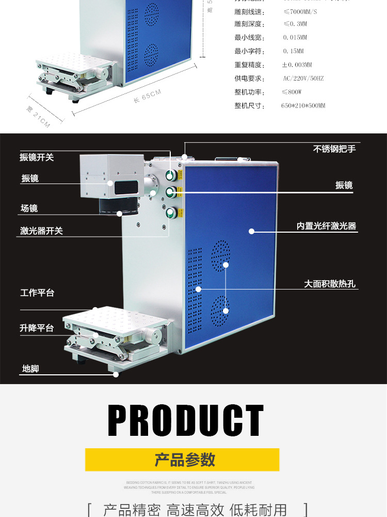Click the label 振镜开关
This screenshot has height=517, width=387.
point(37,157)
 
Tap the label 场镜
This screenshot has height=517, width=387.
point(29,208)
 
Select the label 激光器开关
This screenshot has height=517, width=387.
point(41,231)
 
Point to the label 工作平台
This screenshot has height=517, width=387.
point(37,293)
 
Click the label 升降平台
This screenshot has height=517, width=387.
point(37,328)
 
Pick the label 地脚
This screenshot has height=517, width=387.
point(30,369)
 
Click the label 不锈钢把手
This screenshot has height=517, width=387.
point(334,149)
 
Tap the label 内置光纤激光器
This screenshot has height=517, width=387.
point(326,226)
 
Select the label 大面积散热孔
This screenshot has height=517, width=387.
point(329,284)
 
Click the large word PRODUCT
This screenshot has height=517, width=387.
point(186,421)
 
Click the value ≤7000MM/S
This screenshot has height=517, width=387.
point(300,11)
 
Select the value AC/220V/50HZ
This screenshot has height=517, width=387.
point(303,79)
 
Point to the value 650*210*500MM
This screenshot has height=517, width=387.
point(303,105)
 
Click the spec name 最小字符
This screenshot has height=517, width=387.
point(249,51)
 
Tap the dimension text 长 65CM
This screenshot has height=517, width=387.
point(148,97)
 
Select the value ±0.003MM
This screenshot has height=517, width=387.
point(297,65)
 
